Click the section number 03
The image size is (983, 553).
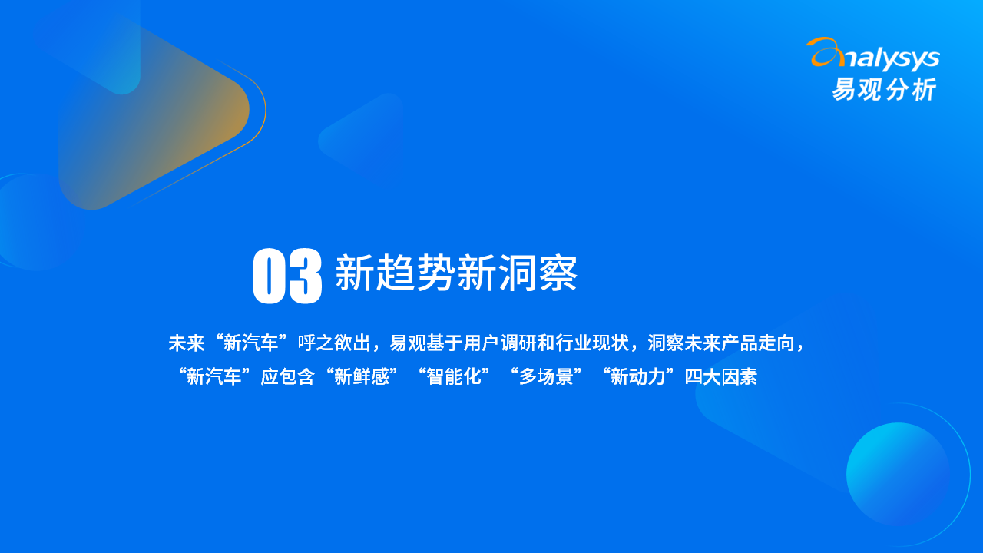287,276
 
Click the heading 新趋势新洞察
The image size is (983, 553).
456,273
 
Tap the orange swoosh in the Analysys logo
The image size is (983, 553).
825,51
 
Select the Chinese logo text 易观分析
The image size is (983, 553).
884,89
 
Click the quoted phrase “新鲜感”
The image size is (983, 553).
362,376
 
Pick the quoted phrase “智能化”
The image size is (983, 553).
454,376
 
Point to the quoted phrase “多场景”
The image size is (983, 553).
546,376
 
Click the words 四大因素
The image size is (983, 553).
721,376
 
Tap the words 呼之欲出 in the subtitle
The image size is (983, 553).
334,343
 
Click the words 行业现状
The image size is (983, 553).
592,343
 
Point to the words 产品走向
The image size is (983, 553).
758,343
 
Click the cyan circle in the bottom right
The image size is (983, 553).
898,475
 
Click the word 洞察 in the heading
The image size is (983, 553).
537,273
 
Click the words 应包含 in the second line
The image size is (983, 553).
288,376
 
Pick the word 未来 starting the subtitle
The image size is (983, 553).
187,343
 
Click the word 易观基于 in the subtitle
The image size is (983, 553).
426,343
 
